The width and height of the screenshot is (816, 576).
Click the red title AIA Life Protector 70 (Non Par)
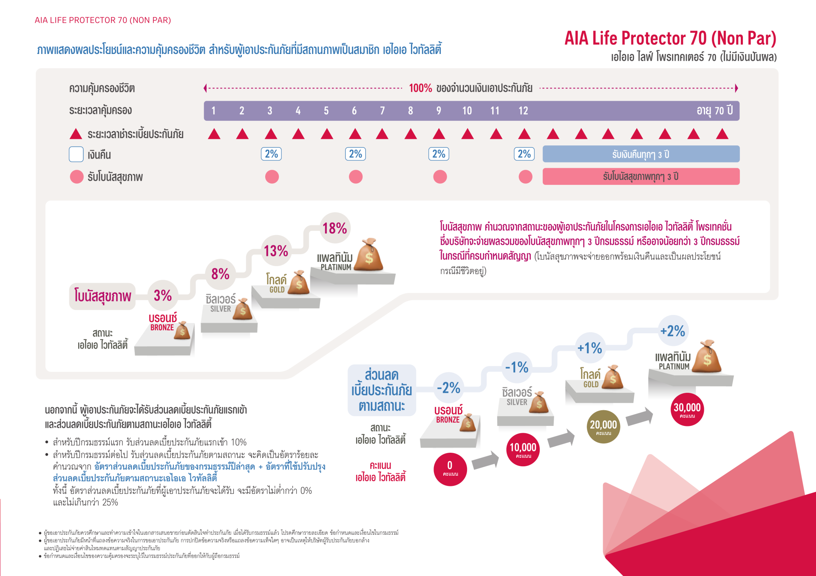tap(670, 38)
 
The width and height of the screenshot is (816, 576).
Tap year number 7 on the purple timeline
tap(382, 111)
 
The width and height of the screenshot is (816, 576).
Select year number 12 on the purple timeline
tap(523, 111)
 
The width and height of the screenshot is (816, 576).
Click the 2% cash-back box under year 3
tap(271, 154)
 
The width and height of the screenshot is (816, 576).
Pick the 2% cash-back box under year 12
tap(524, 154)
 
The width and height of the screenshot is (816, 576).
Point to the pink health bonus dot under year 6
tap(356, 176)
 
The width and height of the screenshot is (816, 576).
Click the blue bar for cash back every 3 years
tap(641, 154)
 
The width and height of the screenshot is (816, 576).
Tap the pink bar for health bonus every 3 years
tap(641, 176)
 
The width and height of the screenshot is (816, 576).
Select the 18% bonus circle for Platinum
tap(335, 228)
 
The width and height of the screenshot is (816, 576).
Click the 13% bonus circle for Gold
tap(276, 251)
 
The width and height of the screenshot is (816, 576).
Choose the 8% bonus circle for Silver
tap(220, 274)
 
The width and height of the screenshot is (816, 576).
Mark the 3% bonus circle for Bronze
tap(163, 295)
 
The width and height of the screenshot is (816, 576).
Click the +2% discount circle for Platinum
tap(673, 331)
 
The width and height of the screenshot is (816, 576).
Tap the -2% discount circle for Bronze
tap(449, 388)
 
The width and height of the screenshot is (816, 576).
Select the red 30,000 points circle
tap(687, 409)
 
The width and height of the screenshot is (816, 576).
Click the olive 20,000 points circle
tap(603, 426)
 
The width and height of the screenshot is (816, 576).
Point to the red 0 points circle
tap(450, 469)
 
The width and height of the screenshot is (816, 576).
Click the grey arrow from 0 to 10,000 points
tap(485, 460)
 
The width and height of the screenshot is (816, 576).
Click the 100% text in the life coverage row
tap(420, 88)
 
